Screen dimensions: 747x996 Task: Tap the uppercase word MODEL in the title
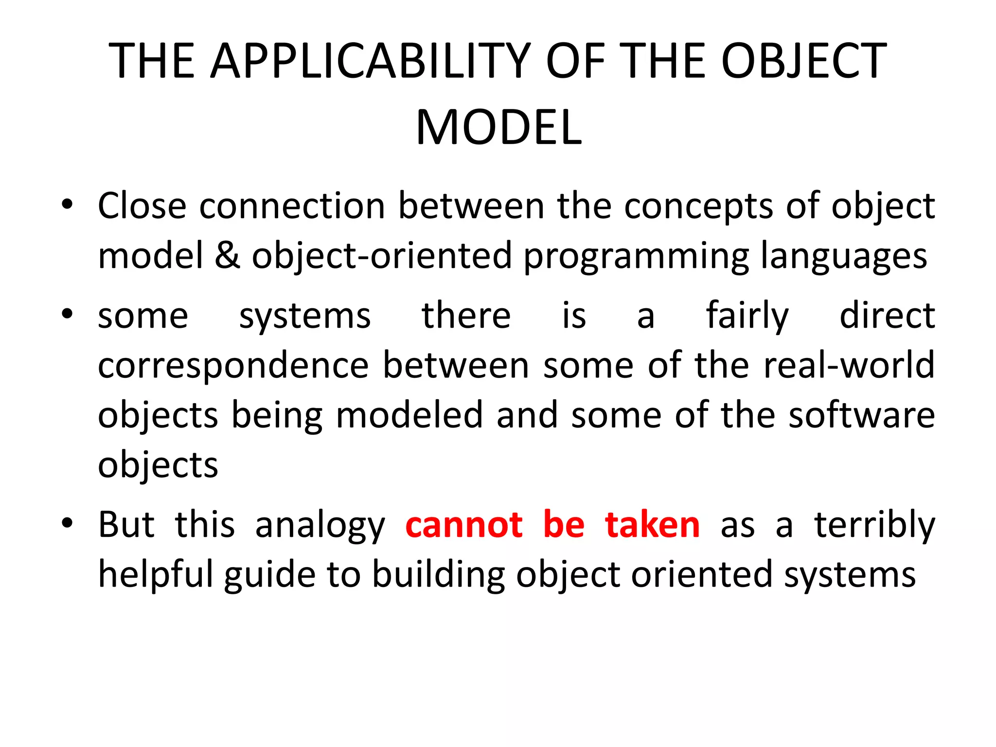498,127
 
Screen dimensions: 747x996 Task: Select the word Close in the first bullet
142,206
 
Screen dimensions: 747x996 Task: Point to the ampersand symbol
227,256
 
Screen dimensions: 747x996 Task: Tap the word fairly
747,316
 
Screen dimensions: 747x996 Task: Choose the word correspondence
233,366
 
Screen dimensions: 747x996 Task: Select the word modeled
409,415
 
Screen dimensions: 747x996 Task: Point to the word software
861,415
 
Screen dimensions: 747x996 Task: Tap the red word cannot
464,525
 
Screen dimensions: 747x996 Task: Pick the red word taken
652,525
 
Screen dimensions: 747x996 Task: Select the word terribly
874,525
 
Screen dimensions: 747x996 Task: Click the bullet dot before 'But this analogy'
67,523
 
